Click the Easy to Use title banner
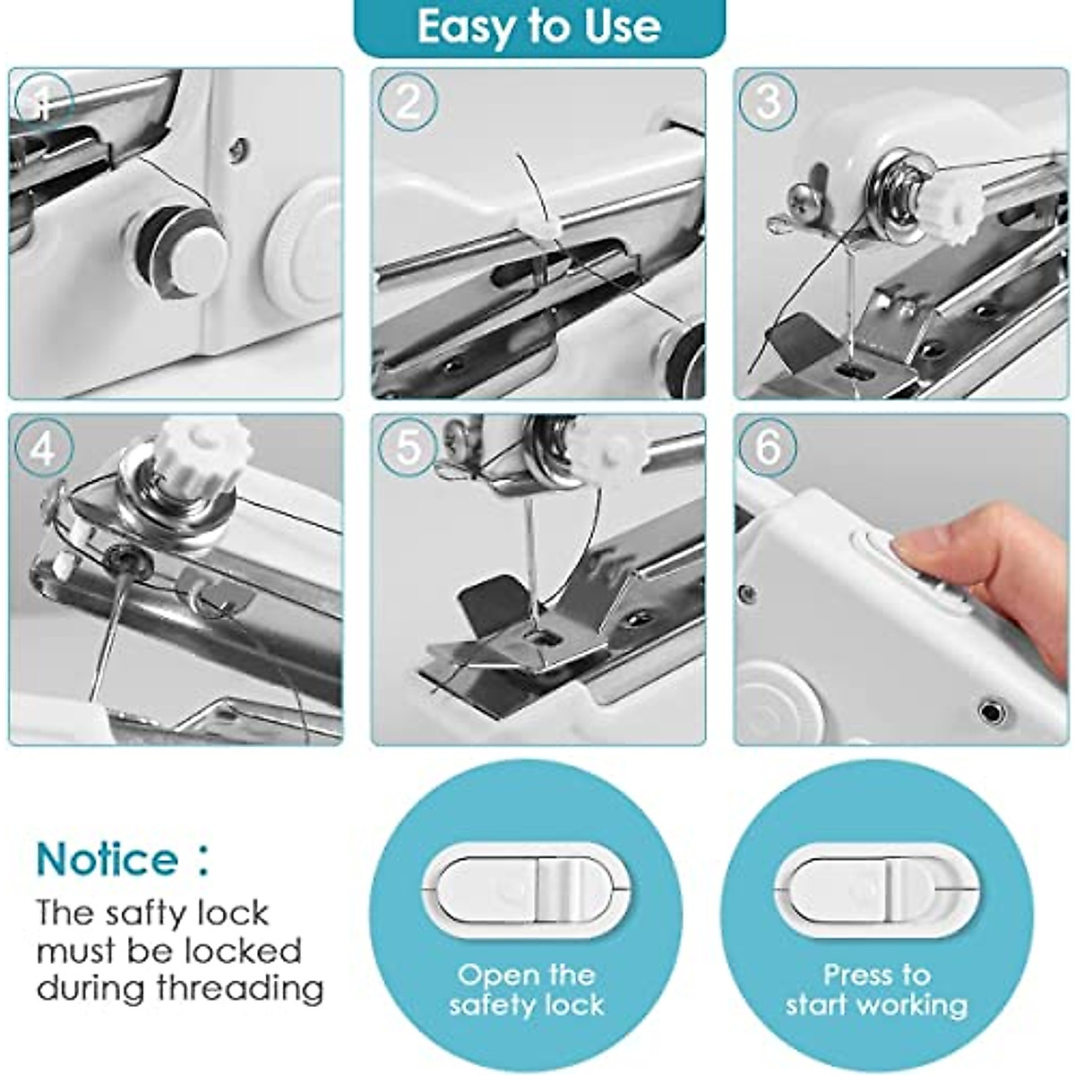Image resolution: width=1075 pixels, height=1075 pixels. (538, 27)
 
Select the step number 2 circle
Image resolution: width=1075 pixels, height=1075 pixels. (407, 101)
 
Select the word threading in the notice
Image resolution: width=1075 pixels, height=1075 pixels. (240, 989)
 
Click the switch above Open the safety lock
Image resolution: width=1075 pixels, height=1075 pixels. (526, 889)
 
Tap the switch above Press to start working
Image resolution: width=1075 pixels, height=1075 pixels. (877, 889)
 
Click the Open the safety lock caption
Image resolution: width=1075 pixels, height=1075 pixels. (526, 989)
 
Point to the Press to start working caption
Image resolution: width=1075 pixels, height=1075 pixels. (877, 989)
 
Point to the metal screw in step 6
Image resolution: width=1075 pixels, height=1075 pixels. (991, 712)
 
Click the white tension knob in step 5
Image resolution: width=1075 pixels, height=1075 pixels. (606, 451)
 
